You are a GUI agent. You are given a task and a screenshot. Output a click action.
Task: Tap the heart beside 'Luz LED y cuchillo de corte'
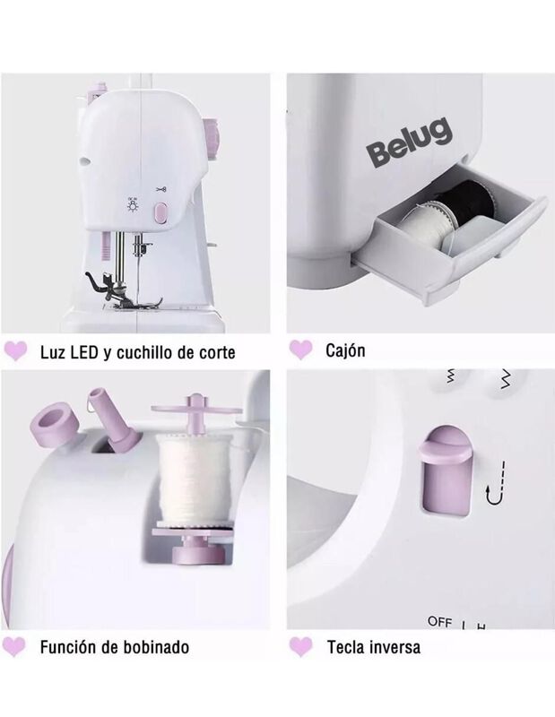pyautogui.click(x=15, y=350)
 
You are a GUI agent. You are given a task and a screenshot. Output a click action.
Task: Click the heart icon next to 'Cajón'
pyautogui.click(x=300, y=349)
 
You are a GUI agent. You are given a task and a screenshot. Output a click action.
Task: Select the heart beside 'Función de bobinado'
pyautogui.click(x=15, y=645)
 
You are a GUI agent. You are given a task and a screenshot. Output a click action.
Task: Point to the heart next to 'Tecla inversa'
pyautogui.click(x=300, y=645)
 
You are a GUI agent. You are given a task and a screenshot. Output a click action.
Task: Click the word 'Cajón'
pyautogui.click(x=345, y=350)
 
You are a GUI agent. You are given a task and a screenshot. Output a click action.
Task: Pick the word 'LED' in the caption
pyautogui.click(x=85, y=351)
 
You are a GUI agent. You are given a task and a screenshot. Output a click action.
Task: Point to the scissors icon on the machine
pyautogui.click(x=162, y=190)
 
